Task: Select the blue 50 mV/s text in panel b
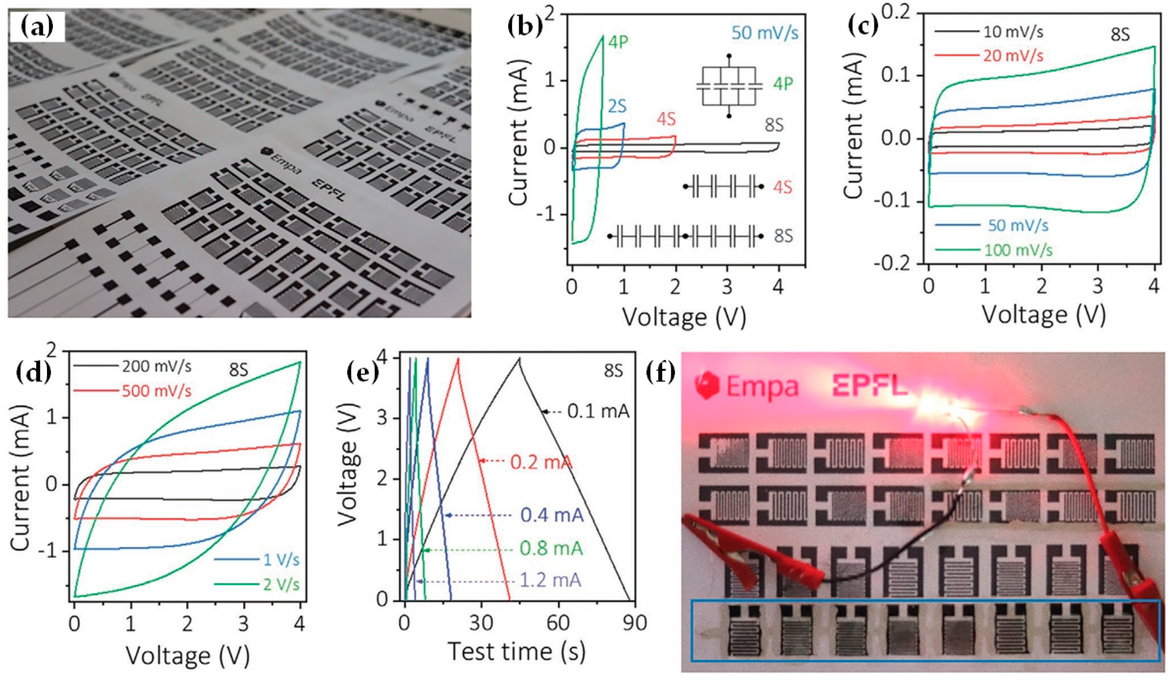[x=765, y=33]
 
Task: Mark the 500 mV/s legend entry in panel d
[x=156, y=391]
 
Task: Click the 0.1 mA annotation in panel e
[x=598, y=411]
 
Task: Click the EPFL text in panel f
[x=870, y=386]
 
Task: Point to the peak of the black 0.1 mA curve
[x=519, y=359]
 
